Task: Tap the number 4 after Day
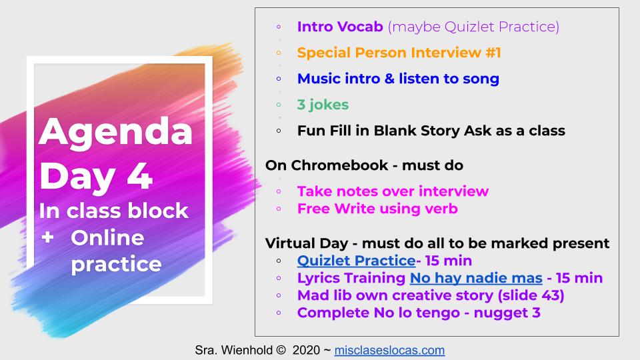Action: (x=139, y=177)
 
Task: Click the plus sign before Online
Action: (x=48, y=237)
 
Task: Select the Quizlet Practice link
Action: (x=356, y=261)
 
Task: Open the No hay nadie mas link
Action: (x=476, y=278)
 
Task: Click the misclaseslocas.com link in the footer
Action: (x=389, y=350)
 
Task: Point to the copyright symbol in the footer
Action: (x=281, y=350)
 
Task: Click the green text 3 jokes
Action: (x=323, y=105)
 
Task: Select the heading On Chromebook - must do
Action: (x=364, y=165)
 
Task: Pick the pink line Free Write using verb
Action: (x=377, y=209)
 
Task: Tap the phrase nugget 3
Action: (x=507, y=313)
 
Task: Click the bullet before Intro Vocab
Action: (x=279, y=27)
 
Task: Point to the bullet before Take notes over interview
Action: (x=279, y=191)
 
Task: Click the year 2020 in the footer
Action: (x=306, y=350)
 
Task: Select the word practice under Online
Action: (x=116, y=265)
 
